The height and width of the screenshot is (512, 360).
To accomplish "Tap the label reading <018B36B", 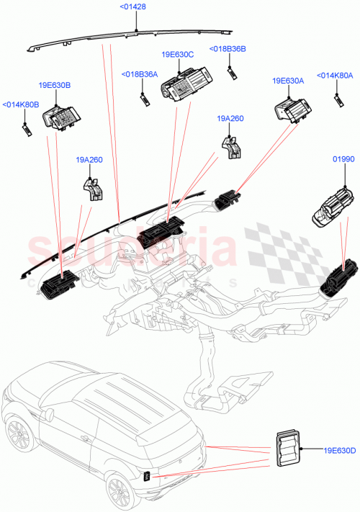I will click(228, 49).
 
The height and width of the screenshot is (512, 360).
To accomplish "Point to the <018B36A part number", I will click(140, 74).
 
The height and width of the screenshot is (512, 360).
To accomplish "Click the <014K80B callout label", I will click(21, 105).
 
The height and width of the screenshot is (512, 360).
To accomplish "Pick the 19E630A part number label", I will click(288, 81).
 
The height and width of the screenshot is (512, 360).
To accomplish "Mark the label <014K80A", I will click(335, 74).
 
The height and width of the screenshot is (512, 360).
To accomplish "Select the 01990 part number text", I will click(342, 158).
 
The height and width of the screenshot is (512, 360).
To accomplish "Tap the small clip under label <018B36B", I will click(233, 70).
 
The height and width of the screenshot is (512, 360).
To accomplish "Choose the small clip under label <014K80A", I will click(337, 98).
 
